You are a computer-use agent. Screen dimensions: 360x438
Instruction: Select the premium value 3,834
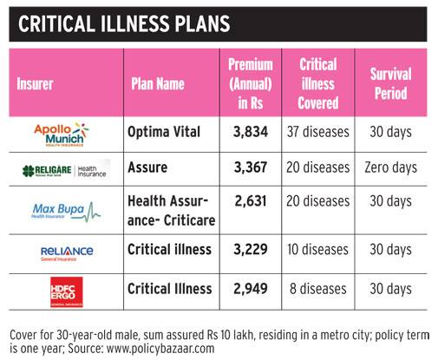[x=252, y=132]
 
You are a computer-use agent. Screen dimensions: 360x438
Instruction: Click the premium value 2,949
[x=252, y=288]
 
